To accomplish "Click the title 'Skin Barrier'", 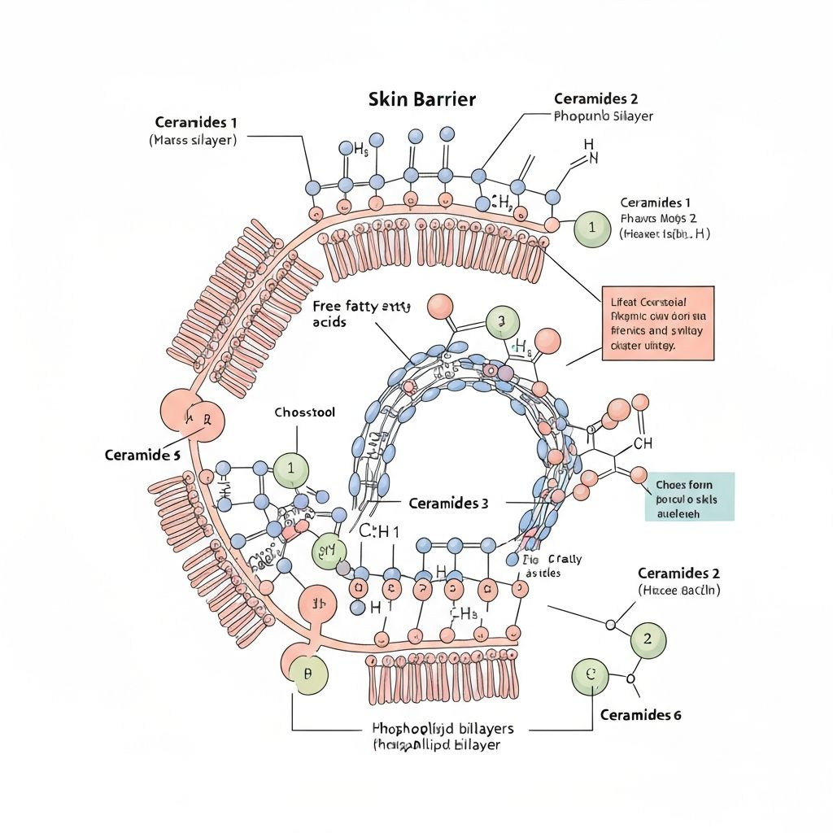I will click(422, 100).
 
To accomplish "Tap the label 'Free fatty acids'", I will click(361, 314).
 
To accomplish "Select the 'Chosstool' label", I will click(304, 412).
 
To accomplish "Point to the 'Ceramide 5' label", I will click(142, 456).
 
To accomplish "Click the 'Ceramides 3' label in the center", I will click(448, 504).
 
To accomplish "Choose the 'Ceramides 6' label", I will click(641, 715).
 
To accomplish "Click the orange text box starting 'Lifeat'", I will click(656, 323).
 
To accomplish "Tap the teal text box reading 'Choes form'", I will click(695, 496).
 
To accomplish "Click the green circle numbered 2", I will click(648, 639).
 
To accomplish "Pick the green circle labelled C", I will click(591, 675).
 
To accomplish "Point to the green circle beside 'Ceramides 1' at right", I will click(592, 228).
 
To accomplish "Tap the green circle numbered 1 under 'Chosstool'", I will click(291, 470).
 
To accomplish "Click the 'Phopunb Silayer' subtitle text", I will click(603, 116).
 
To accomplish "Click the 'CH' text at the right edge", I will click(643, 443).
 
